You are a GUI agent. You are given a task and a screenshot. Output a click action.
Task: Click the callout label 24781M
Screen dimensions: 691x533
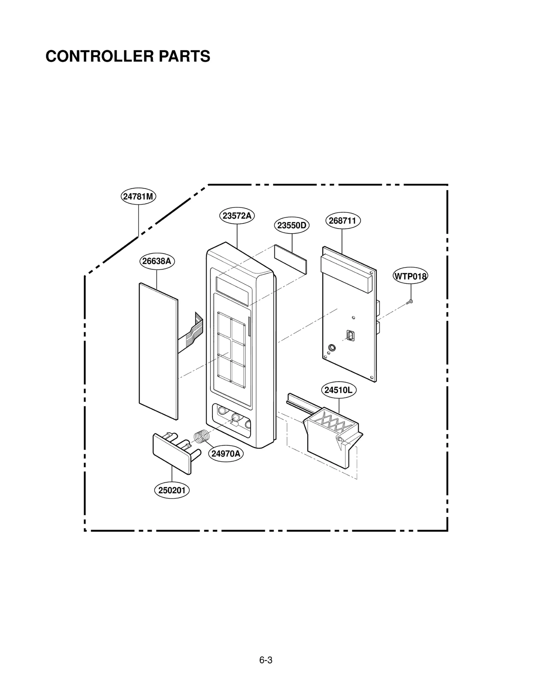[x=138, y=196]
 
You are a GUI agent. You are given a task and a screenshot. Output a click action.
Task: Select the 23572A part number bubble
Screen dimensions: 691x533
[x=237, y=216]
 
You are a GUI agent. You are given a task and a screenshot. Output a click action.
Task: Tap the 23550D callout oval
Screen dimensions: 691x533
[x=291, y=225]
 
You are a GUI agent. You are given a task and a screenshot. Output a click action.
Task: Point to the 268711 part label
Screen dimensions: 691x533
[x=342, y=221]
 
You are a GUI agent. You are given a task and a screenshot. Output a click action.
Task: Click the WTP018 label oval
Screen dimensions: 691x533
[x=410, y=276]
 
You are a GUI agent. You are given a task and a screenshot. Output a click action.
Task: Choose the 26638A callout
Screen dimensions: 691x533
[x=157, y=261]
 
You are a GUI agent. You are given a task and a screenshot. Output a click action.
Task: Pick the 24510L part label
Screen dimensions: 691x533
[x=338, y=390]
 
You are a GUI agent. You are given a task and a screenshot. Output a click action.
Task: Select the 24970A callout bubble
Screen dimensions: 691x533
[x=226, y=454]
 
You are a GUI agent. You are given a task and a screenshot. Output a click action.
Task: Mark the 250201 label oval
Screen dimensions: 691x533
[x=172, y=490]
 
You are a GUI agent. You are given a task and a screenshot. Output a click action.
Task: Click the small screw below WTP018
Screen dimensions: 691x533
[x=410, y=302]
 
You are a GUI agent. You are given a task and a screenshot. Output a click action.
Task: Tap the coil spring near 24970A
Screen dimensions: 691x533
[x=202, y=437]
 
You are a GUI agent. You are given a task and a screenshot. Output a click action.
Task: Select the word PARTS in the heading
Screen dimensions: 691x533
[x=184, y=56]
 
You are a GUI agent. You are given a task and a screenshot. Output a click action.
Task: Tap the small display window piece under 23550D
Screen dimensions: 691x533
[x=290, y=259]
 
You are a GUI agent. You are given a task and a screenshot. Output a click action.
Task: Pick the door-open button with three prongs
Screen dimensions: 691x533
[x=173, y=451]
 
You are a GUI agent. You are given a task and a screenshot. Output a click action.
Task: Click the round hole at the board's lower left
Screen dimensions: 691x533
[x=332, y=348]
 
